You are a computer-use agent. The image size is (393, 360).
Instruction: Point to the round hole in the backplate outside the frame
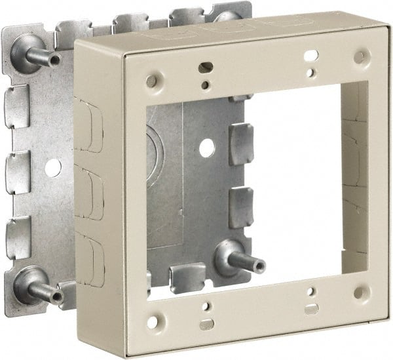[x=54, y=167]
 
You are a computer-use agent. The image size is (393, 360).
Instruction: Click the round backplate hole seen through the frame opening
[x=207, y=148]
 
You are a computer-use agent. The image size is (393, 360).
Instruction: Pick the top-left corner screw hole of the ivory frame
[x=152, y=81]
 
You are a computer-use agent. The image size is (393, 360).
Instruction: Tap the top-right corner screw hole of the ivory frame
[x=360, y=57]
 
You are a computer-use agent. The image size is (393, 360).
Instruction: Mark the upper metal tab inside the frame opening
[x=240, y=144]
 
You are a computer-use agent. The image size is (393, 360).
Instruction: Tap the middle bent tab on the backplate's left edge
[x=18, y=173]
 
